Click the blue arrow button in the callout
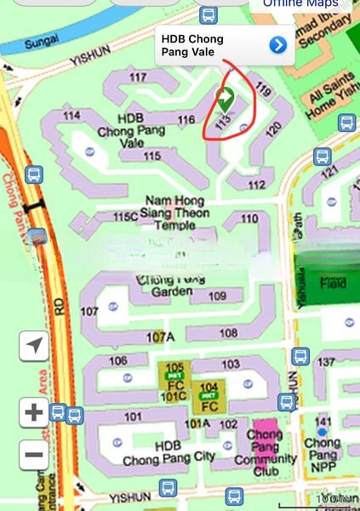click(277, 45)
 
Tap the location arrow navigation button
click(34, 346)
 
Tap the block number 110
click(249, 219)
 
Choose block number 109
click(218, 296)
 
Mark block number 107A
click(159, 338)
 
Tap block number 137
click(325, 364)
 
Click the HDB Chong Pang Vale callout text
click(192, 45)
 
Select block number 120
click(273, 129)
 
